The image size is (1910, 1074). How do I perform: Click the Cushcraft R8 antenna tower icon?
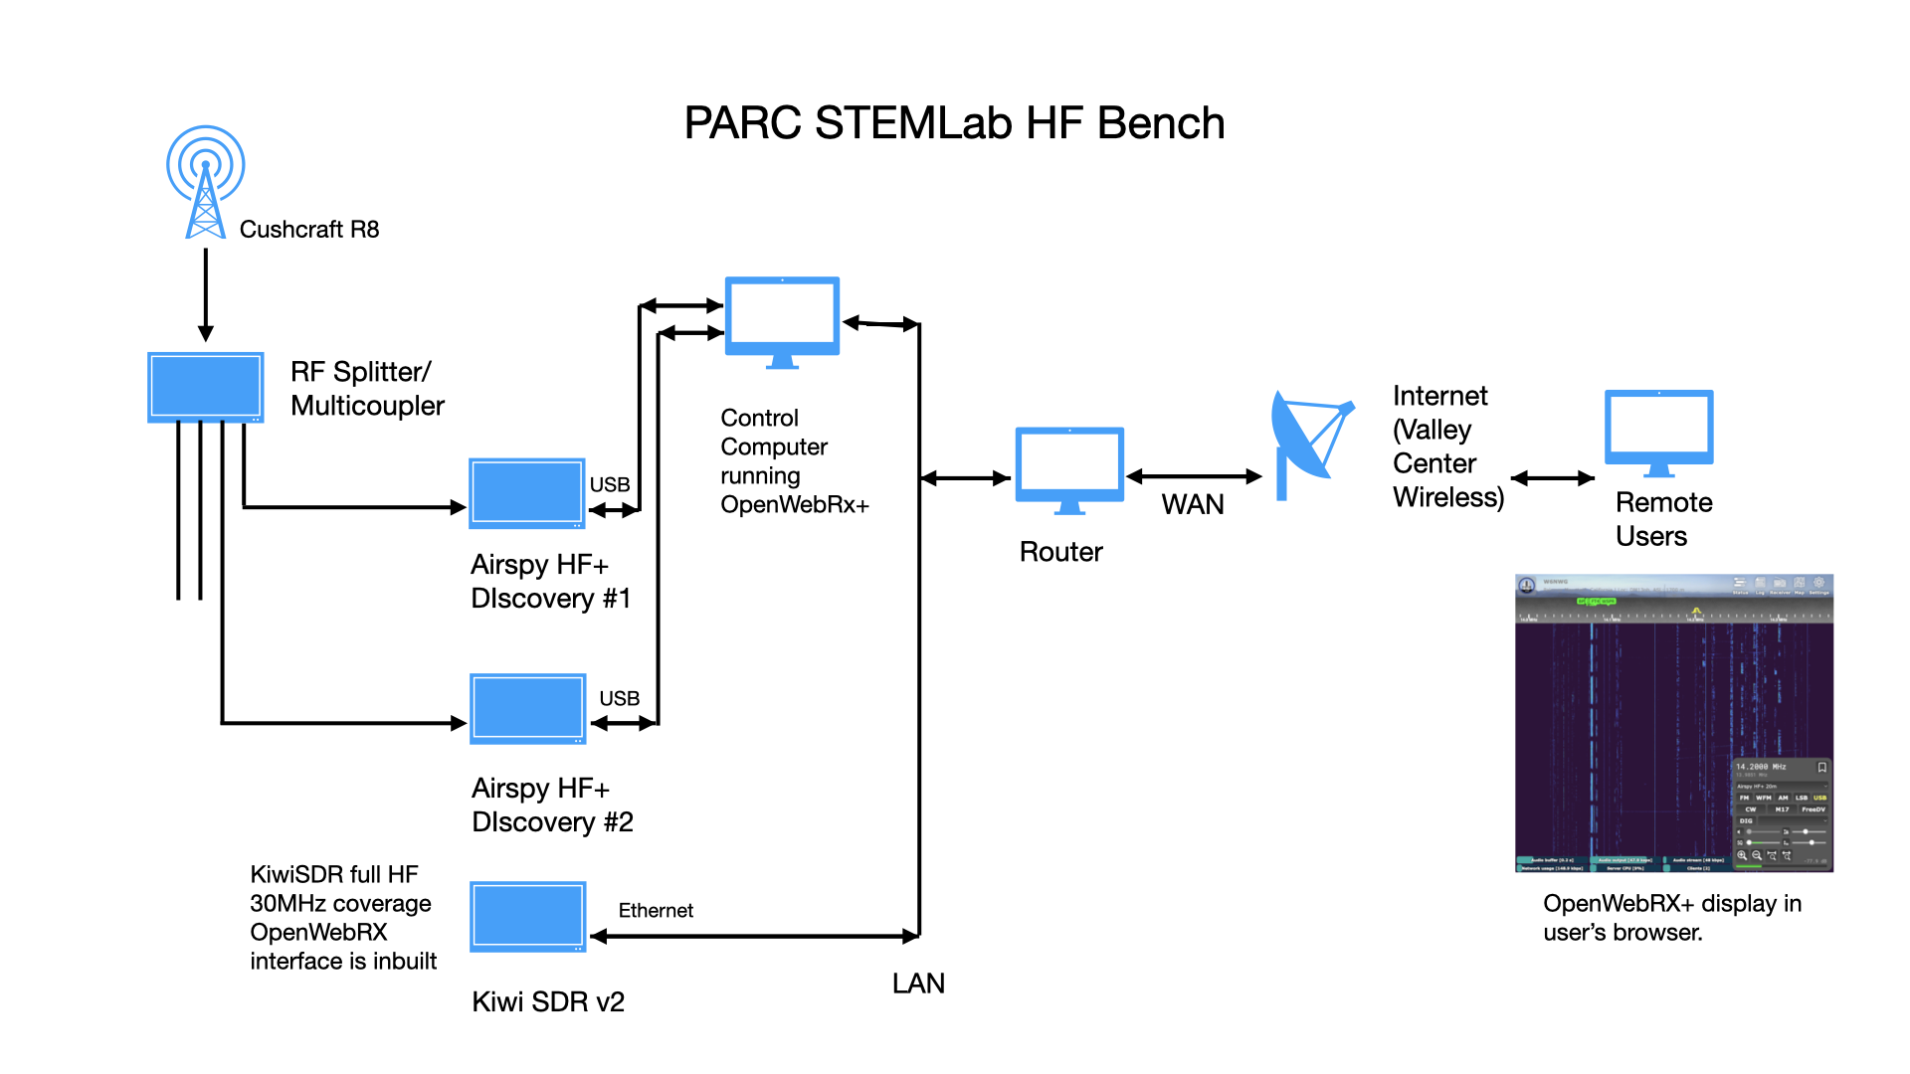click(x=205, y=183)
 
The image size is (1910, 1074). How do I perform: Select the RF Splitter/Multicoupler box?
click(x=205, y=387)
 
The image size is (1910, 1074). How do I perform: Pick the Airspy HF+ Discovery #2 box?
click(x=527, y=708)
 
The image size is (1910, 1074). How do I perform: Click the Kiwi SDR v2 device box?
click(x=527, y=916)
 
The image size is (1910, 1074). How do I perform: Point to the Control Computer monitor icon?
click(x=782, y=318)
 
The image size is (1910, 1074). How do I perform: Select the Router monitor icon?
click(x=1069, y=467)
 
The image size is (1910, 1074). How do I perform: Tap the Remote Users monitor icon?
click(x=1658, y=430)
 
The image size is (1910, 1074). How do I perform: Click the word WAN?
click(x=1193, y=505)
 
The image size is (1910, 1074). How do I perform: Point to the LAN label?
click(x=918, y=984)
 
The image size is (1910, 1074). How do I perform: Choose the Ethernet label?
click(x=656, y=911)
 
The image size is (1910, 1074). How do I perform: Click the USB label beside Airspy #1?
click(x=610, y=484)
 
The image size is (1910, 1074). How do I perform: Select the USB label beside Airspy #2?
click(x=619, y=699)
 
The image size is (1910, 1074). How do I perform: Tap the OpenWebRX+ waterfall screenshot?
click(x=1673, y=723)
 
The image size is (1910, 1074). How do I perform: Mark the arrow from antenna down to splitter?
click(x=206, y=293)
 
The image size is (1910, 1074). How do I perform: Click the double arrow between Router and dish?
click(x=1194, y=477)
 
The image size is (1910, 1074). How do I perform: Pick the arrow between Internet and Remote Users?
click(x=1553, y=478)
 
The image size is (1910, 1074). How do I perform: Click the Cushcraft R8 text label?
click(x=309, y=230)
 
